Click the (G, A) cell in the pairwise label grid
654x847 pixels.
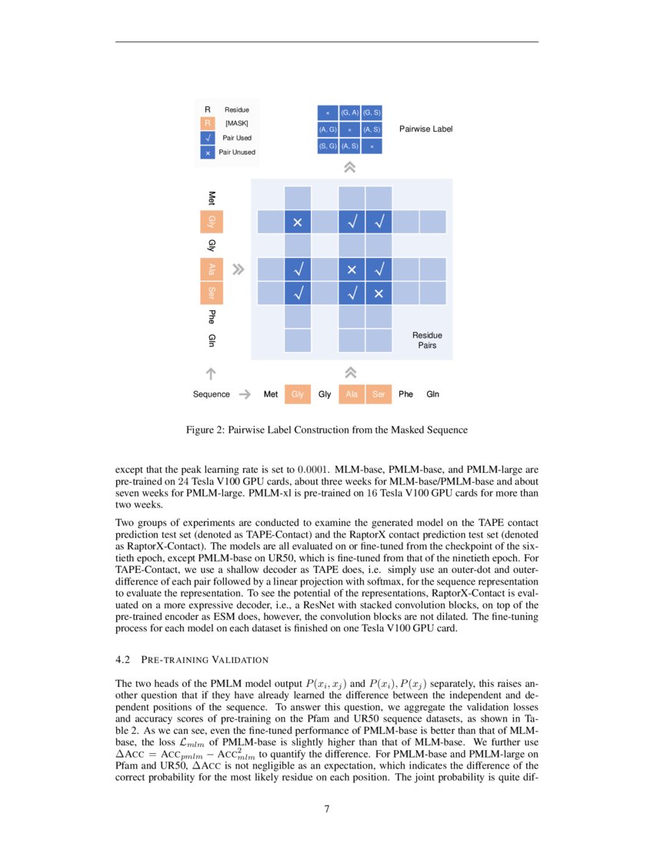pyautogui.click(x=350, y=112)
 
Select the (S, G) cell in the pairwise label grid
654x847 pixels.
pyautogui.click(x=328, y=146)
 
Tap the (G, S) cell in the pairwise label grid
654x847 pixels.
pyautogui.click(x=372, y=112)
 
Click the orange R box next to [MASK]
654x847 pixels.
pyautogui.click(x=207, y=123)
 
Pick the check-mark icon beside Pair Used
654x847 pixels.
pyautogui.click(x=207, y=138)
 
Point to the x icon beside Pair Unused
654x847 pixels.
pyautogui.click(x=207, y=152)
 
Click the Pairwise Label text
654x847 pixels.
pyautogui.click(x=425, y=129)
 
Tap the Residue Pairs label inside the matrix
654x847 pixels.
pyautogui.click(x=427, y=340)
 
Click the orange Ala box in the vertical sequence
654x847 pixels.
pyautogui.click(x=211, y=269)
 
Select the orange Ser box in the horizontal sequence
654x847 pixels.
pyautogui.click(x=379, y=394)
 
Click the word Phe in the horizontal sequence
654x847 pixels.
pyautogui.click(x=405, y=394)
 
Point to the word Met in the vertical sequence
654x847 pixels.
pyautogui.click(x=211, y=198)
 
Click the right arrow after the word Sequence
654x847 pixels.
pyautogui.click(x=245, y=394)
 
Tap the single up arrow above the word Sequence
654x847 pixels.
pyautogui.click(x=211, y=373)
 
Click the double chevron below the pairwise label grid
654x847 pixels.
pyautogui.click(x=350, y=166)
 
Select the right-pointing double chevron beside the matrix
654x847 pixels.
pyautogui.click(x=239, y=269)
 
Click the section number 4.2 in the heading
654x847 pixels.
pyautogui.click(x=122, y=660)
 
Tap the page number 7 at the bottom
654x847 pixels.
pyautogui.click(x=327, y=808)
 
